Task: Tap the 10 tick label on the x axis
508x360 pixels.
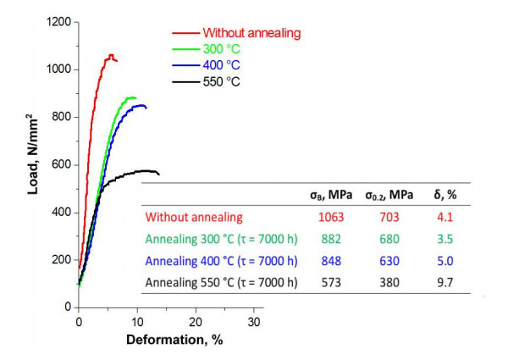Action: tap(137, 323)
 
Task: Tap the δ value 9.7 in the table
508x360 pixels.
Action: tap(444, 282)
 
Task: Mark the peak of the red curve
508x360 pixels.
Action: tap(110, 55)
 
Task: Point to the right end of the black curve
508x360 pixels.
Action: tap(158, 174)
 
